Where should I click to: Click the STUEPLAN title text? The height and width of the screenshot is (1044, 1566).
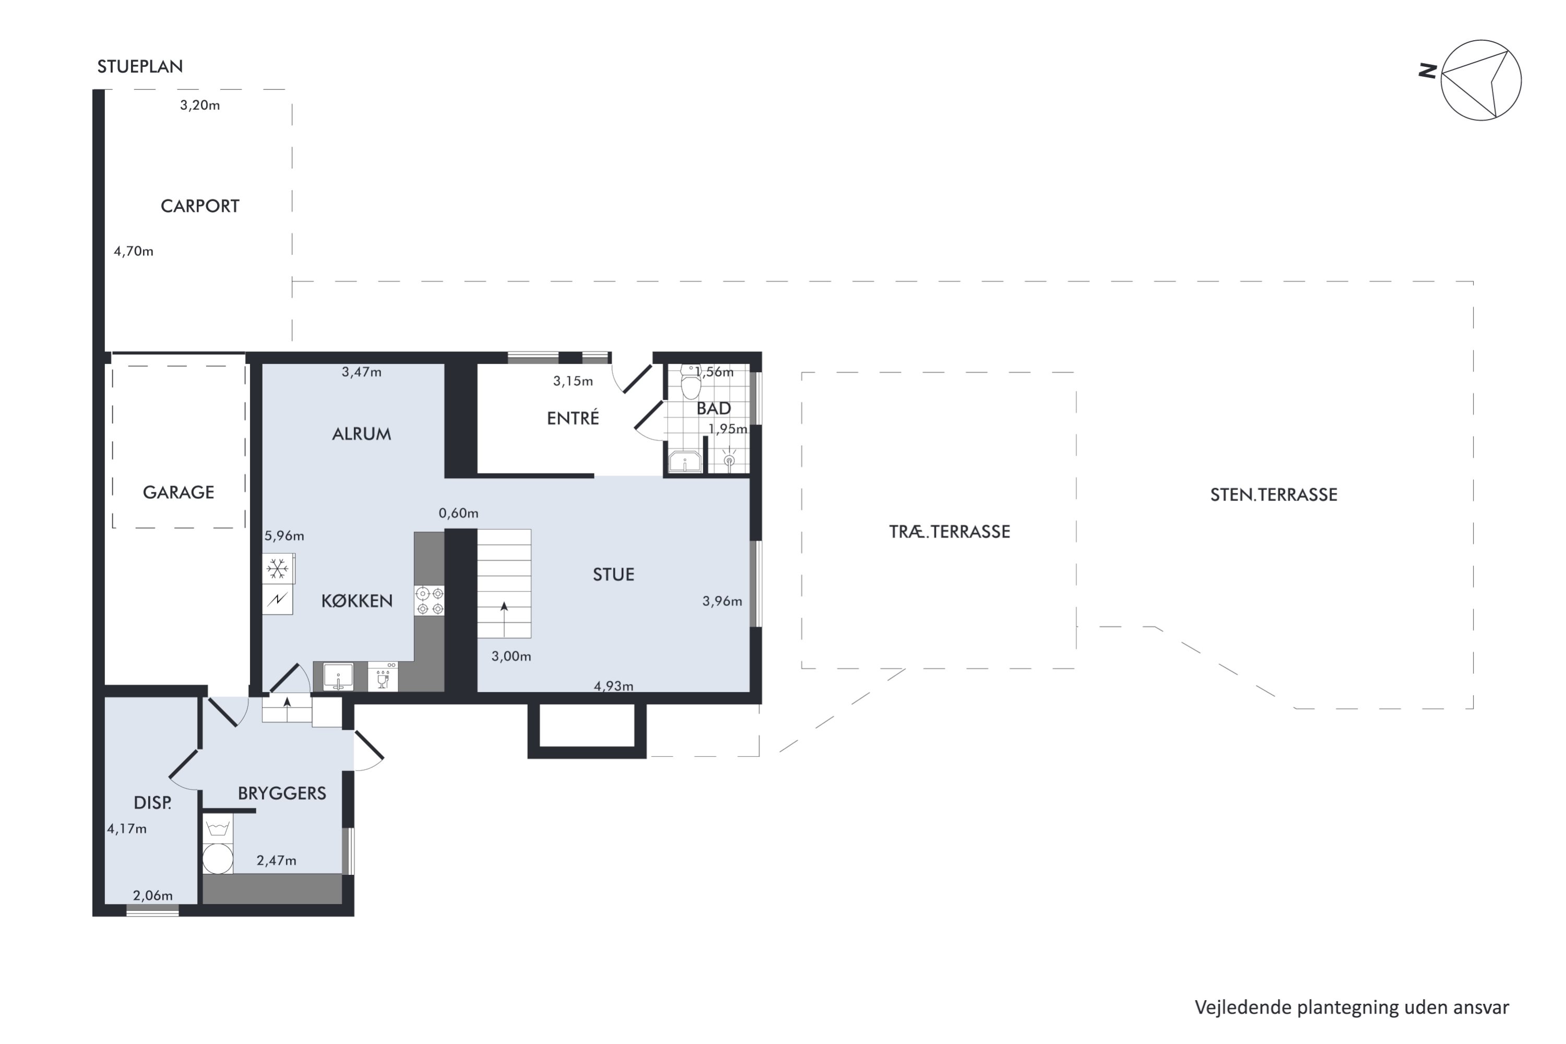tap(140, 67)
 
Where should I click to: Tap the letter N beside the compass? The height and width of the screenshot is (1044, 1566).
tap(1426, 70)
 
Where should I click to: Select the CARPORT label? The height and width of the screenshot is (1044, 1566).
tap(200, 206)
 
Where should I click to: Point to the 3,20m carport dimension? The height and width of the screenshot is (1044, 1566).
tap(200, 105)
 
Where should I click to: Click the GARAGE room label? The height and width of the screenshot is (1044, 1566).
tap(179, 493)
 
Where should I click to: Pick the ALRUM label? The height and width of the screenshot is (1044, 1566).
tap(362, 434)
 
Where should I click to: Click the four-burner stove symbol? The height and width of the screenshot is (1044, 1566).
tap(430, 601)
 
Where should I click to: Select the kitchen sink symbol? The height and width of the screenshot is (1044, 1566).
tap(338, 677)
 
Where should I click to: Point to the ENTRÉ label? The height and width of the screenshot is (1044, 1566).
tap(573, 418)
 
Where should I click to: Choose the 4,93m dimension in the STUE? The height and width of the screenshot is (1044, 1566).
tap(613, 686)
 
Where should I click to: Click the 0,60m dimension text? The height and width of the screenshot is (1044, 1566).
tap(458, 513)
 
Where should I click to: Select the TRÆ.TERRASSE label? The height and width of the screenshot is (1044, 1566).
tap(950, 531)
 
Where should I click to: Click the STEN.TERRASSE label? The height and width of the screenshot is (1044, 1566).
tap(1274, 495)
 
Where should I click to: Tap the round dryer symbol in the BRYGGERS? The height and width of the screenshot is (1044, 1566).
tap(218, 859)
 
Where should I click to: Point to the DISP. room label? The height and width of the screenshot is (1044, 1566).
tap(152, 803)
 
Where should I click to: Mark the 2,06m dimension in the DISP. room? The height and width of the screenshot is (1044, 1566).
tap(152, 896)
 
